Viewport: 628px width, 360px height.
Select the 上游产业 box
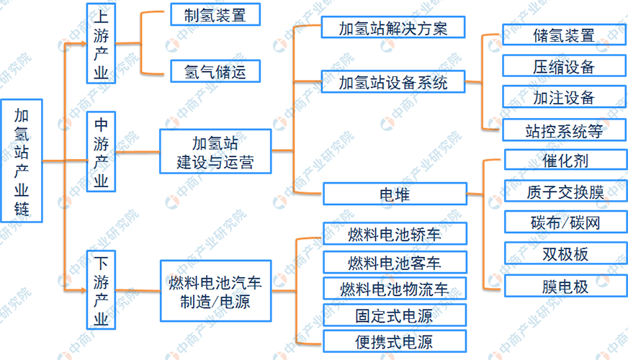[101, 45]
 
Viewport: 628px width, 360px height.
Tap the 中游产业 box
[101, 152]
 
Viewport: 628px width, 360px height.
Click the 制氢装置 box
[215, 14]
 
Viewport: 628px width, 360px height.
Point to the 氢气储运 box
[215, 71]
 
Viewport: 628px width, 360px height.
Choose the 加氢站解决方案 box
[393, 28]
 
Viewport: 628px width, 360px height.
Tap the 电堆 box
[393, 193]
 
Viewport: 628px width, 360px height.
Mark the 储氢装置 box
[565, 36]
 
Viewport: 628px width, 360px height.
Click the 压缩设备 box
[565, 67]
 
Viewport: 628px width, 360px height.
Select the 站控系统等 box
[565, 130]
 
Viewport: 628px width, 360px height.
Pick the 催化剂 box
[565, 160]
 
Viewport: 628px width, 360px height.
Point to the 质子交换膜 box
[565, 191]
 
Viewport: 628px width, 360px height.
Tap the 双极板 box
[565, 254]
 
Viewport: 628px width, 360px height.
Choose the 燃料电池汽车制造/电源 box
[215, 291]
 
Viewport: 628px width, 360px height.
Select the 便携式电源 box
[394, 341]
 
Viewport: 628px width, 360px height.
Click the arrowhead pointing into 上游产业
[81, 45]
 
